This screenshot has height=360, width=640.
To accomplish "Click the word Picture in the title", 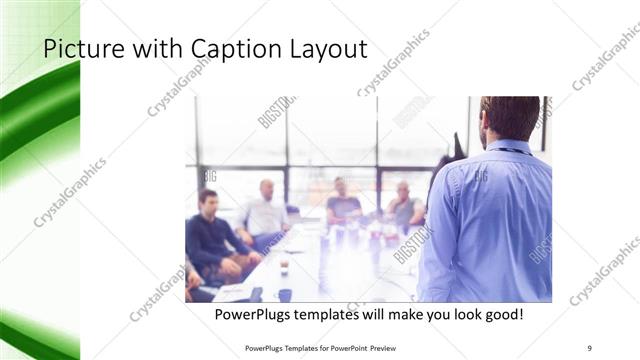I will (76, 49).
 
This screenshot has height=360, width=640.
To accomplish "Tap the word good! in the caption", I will (500, 315).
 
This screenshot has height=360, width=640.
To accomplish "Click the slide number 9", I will (590, 347).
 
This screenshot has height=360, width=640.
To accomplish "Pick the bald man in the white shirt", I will (265, 210).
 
